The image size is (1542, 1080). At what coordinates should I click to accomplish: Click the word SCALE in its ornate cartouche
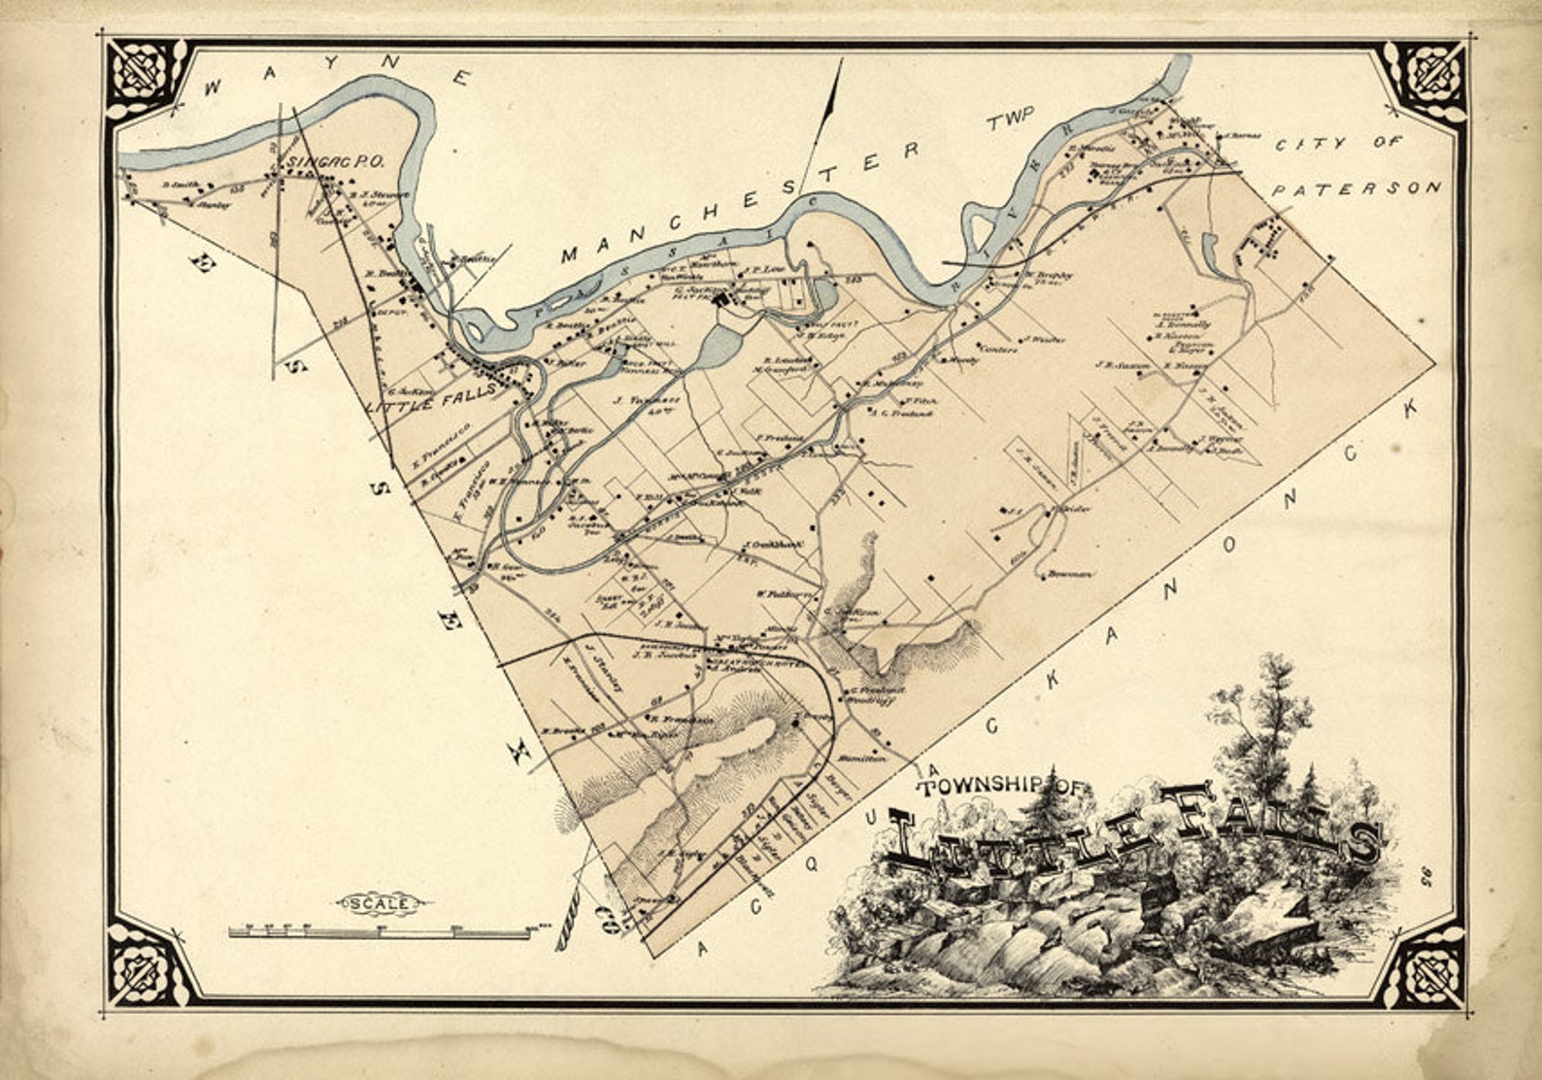380,903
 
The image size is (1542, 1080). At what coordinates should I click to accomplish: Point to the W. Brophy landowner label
1048,275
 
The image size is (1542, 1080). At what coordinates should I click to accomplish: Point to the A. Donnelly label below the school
1180,324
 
